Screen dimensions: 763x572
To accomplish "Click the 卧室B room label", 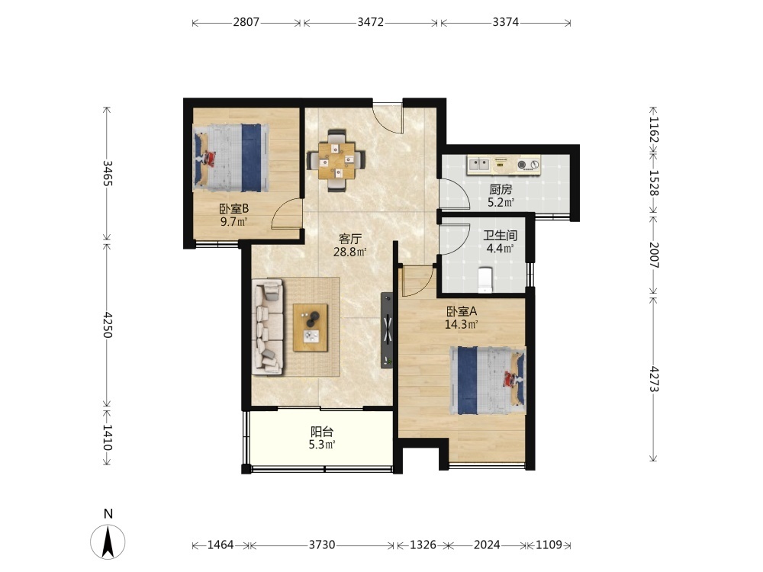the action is point(234,209).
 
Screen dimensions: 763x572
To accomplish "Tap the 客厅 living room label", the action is point(350,239).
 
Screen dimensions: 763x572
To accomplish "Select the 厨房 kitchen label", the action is point(501,190).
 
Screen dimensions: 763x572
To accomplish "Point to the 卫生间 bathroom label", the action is point(501,236).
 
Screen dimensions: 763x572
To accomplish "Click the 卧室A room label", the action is point(462,311).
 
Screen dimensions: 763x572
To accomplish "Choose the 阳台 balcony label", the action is point(322,432).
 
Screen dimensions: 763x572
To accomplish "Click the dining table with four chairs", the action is point(336,160).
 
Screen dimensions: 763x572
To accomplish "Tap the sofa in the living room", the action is point(268,326).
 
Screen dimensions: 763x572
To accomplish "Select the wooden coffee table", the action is point(311,327).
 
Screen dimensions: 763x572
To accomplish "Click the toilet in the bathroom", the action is point(485,280).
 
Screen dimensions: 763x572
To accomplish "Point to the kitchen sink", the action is point(479,165).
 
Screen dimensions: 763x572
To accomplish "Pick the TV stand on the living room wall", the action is point(387,329).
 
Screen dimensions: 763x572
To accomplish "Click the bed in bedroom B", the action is point(231,158).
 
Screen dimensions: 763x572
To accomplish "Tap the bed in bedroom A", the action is point(488,380).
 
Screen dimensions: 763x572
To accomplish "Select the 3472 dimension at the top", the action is point(371,22).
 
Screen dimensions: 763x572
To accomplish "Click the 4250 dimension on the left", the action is point(108,325).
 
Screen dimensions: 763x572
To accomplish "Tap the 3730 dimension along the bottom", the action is point(322,545).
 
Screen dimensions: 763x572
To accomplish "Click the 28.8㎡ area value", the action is point(350,252).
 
